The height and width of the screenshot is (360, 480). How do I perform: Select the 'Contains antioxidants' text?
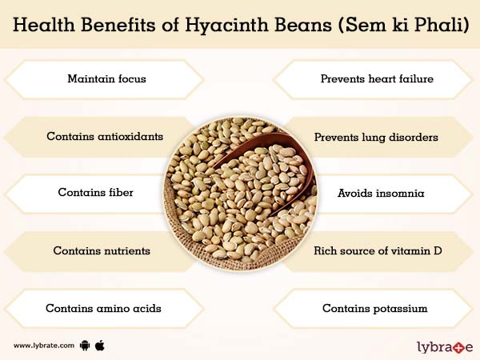tap(105, 137)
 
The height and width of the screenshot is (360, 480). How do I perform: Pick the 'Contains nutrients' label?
tap(102, 250)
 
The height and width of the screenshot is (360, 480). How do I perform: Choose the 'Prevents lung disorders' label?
tap(376, 137)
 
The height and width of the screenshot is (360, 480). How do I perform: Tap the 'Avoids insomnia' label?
tap(374, 193)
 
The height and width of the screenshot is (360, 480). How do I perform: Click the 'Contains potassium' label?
tap(374, 308)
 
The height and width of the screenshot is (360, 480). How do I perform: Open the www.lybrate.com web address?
tap(44, 346)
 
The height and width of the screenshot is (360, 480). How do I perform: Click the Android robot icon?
tap(85, 346)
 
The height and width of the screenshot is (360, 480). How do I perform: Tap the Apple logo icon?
tap(100, 345)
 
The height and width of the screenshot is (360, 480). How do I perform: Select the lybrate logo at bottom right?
tap(445, 346)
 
